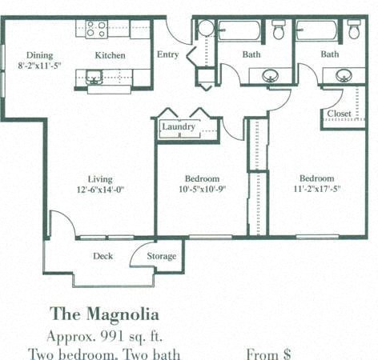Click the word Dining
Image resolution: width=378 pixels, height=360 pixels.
point(39,55)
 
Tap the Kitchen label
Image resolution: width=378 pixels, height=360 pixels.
point(111,55)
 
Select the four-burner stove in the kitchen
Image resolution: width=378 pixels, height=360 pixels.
point(96,30)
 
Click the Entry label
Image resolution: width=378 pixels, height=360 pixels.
point(167,54)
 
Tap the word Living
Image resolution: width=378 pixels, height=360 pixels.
point(100,179)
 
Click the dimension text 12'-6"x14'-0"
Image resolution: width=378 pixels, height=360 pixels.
point(100,190)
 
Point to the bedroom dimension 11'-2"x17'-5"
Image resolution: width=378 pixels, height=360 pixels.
point(317,190)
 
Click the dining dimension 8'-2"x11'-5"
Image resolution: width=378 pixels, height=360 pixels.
point(39,66)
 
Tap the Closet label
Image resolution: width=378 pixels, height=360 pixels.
point(339,114)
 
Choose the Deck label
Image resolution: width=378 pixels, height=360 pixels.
point(103,256)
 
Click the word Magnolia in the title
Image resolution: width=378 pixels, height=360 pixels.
point(122,313)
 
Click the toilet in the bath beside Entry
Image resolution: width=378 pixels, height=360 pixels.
point(279,30)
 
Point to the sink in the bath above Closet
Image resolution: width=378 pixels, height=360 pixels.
point(344,76)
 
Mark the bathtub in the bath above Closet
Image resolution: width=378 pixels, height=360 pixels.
point(316,30)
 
